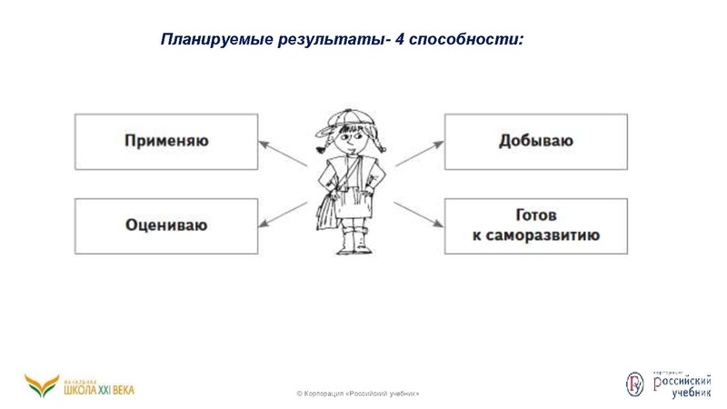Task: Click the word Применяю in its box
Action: click(x=166, y=141)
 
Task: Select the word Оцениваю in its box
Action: click(x=166, y=224)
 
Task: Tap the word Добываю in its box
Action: click(x=535, y=141)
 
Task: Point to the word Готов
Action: click(x=535, y=216)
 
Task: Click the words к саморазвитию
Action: click(x=535, y=235)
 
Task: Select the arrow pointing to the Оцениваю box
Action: click(x=283, y=214)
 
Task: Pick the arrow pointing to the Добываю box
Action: click(x=419, y=154)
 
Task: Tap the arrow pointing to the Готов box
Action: click(x=419, y=214)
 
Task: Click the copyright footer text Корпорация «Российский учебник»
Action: click(x=358, y=394)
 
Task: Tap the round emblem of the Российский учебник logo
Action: click(x=634, y=384)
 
